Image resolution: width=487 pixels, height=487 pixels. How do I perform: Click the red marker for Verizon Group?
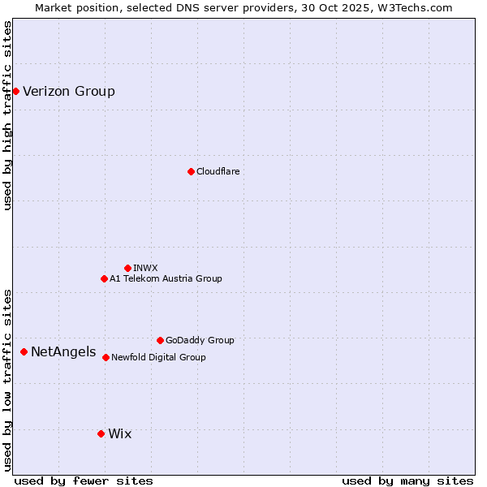[x=15, y=91]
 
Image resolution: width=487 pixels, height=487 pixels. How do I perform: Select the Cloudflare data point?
[x=191, y=171]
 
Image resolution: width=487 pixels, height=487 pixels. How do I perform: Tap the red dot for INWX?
[x=127, y=268]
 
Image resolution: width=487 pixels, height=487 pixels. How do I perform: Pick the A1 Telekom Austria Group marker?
[x=104, y=278]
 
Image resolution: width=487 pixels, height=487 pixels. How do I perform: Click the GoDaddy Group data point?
[x=160, y=340]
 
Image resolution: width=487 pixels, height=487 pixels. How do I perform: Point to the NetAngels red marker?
[x=24, y=351]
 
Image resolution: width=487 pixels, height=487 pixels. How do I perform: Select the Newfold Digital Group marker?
[x=106, y=357]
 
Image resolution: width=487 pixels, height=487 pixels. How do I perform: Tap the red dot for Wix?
[x=101, y=433]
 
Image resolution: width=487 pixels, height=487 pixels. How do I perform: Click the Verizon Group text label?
[x=69, y=91]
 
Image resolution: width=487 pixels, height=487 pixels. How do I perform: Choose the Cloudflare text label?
[x=218, y=171]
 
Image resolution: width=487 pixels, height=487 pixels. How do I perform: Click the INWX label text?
[x=145, y=268]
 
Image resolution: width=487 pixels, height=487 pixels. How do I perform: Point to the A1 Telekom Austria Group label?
[x=166, y=278]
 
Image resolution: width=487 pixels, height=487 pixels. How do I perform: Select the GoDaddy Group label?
[x=200, y=340]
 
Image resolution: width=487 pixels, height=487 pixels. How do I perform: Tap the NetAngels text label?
[x=63, y=351]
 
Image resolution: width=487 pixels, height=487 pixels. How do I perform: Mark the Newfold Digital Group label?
[x=158, y=357]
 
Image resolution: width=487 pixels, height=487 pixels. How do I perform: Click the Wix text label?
[x=119, y=433]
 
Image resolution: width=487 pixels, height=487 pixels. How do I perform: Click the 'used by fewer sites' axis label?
[x=84, y=481]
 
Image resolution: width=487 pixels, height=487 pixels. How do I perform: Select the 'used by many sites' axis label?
[x=407, y=481]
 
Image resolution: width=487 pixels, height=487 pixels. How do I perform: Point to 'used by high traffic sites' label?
[x=8, y=115]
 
